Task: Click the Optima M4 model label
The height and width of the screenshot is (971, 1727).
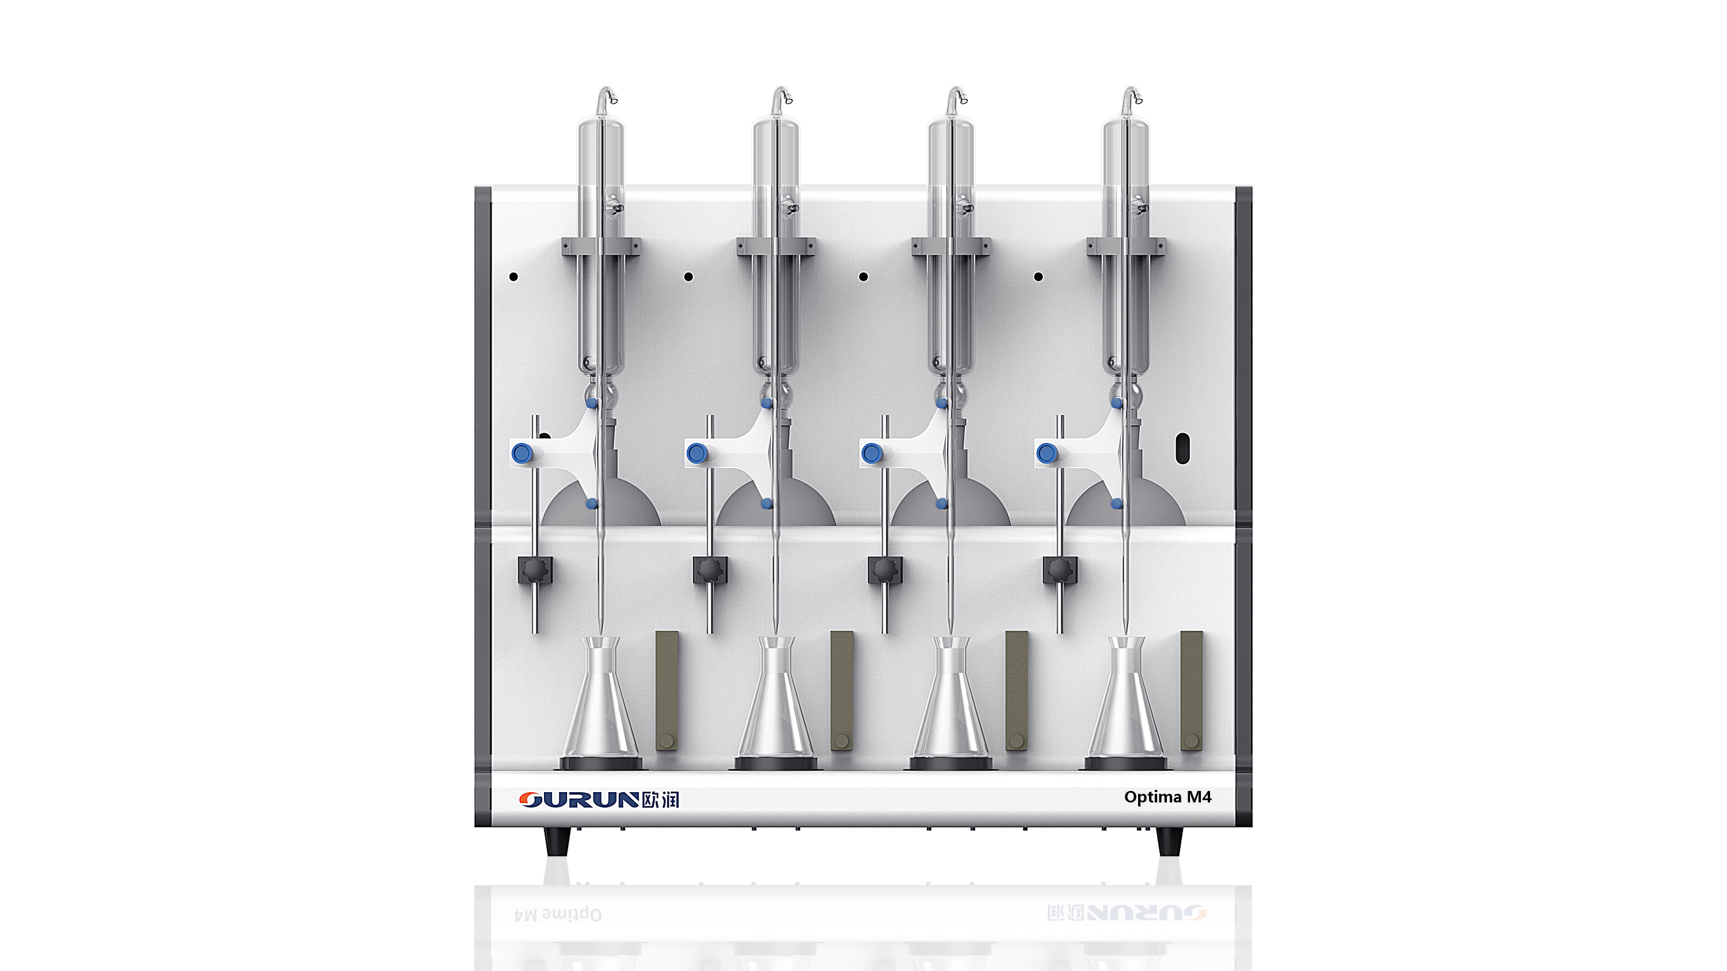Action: tap(1167, 797)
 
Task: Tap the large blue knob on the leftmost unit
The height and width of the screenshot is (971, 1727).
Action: tap(522, 454)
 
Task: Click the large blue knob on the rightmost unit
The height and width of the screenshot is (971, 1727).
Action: tap(1046, 454)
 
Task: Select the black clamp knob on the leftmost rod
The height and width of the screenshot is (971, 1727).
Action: tap(535, 570)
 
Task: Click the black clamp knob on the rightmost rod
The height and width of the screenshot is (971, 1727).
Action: tap(1060, 570)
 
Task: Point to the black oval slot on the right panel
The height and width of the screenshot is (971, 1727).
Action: tap(1182, 448)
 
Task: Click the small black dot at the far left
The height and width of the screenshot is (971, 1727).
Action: tap(513, 277)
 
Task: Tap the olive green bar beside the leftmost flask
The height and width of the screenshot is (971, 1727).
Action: tap(667, 690)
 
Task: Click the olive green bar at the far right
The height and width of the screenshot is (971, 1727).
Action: tap(1191, 690)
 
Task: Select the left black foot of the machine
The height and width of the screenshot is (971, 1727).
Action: tap(557, 841)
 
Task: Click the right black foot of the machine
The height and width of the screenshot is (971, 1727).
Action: tap(1169, 841)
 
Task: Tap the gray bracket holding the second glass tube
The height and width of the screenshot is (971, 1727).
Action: tap(777, 247)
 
